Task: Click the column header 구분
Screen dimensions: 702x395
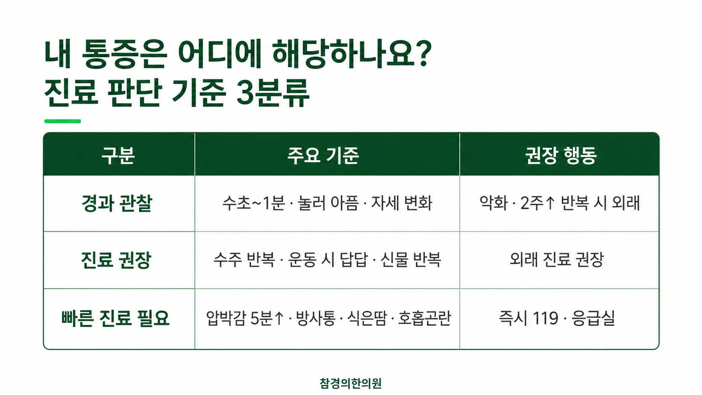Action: (x=118, y=155)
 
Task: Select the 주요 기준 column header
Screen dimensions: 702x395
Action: (x=323, y=155)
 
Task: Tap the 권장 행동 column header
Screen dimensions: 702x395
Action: (x=561, y=155)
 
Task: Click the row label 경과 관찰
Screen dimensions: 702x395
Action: (x=117, y=203)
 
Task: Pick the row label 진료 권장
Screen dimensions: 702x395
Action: (x=116, y=260)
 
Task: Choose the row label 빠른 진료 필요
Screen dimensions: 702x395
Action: (x=115, y=318)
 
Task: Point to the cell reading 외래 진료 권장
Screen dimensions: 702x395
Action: (x=557, y=259)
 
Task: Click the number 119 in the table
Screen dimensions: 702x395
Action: (x=546, y=318)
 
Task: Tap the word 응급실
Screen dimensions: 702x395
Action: (x=593, y=318)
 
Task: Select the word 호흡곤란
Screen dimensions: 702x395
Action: (x=424, y=318)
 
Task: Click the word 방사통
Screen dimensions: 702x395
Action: (x=316, y=318)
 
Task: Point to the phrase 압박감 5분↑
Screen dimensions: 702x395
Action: (x=245, y=318)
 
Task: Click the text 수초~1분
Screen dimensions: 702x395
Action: (x=254, y=203)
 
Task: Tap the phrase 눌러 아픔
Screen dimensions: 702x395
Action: (x=328, y=203)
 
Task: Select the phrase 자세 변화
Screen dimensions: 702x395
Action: (x=402, y=203)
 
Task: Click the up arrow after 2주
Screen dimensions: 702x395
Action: (x=550, y=203)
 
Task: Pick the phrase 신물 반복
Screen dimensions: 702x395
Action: (x=411, y=260)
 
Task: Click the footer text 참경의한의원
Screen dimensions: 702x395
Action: (x=351, y=383)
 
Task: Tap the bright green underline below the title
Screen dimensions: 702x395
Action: (x=63, y=121)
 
